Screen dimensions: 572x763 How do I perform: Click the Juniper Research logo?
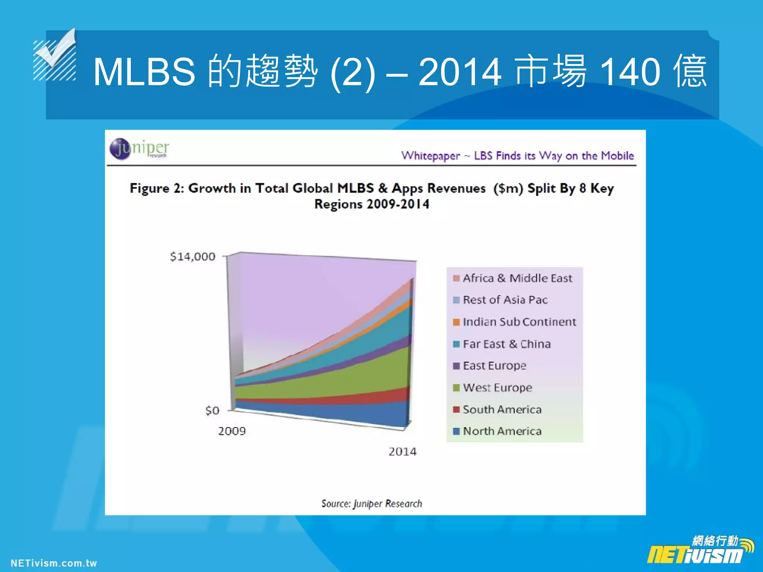pyautogui.click(x=139, y=149)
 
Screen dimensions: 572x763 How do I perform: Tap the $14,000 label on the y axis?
pyautogui.click(x=192, y=257)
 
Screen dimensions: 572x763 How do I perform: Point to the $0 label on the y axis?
pyautogui.click(x=212, y=410)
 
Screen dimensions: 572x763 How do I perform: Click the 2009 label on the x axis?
pyautogui.click(x=232, y=431)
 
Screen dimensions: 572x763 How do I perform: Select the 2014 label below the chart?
pyautogui.click(x=402, y=452)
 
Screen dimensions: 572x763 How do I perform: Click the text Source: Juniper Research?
pyautogui.click(x=371, y=503)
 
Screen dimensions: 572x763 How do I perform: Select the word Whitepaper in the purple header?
pyautogui.click(x=430, y=156)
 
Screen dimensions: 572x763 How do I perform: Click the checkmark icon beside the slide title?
pyautogui.click(x=56, y=56)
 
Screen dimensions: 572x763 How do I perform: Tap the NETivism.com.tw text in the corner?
pyautogui.click(x=54, y=563)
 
